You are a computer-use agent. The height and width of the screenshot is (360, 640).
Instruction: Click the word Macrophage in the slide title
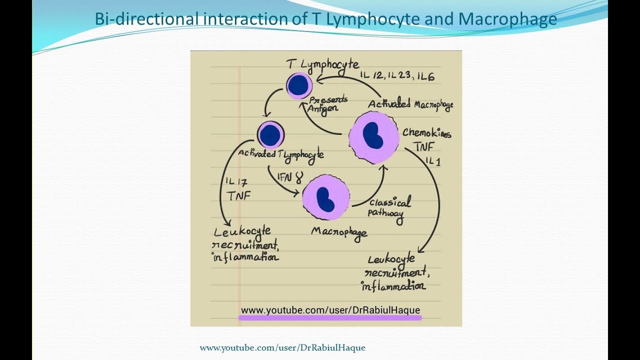pos(507,19)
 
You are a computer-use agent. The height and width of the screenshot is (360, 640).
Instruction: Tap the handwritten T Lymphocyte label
pos(322,64)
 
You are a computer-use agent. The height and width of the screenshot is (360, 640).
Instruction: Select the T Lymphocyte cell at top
pos(299,85)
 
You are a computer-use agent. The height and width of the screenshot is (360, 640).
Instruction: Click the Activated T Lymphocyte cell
pos(270,135)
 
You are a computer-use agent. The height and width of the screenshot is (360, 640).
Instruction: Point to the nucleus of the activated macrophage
pos(372,135)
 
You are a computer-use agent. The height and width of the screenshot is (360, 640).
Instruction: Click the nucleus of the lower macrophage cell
pos(325,198)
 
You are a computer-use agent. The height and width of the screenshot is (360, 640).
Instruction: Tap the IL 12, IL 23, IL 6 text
pos(397,76)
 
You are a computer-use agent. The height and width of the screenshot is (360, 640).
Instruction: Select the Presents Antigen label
pos(327,103)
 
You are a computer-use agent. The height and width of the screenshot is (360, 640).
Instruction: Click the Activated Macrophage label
pos(410,104)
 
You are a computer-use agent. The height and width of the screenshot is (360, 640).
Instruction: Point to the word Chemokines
pos(426,133)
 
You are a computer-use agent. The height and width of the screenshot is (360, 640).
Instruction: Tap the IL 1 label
pos(433,161)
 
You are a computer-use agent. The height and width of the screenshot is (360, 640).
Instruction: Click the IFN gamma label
pos(290,177)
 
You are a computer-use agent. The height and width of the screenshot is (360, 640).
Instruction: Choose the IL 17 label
pos(236,182)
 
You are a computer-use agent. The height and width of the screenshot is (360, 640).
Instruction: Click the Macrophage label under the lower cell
pos(339,232)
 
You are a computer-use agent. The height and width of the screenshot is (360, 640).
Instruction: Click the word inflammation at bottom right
pos(393,286)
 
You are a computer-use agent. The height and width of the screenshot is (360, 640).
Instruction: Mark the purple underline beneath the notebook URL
pos(330,317)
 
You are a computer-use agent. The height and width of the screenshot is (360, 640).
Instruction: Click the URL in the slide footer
pos(282,347)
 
